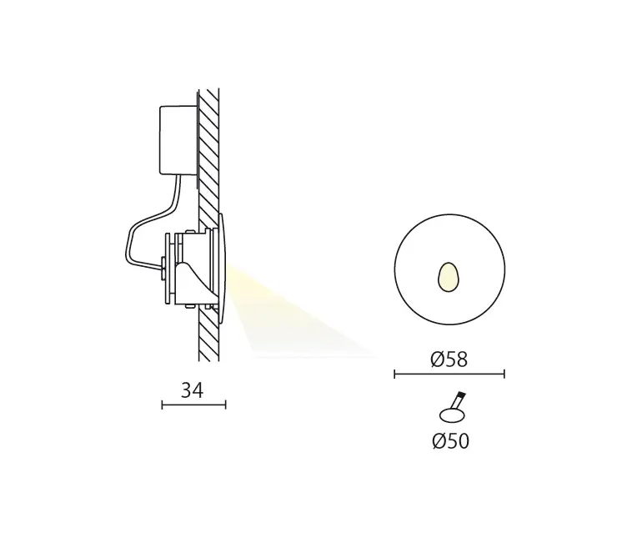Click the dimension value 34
pyautogui.click(x=193, y=389)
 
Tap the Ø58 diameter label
pyautogui.click(x=449, y=359)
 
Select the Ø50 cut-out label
pyautogui.click(x=451, y=441)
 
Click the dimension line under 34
pyautogui.click(x=193, y=405)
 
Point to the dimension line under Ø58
pyautogui.click(x=449, y=375)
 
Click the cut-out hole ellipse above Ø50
pyautogui.click(x=452, y=415)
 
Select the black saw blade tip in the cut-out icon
pyautogui.click(x=461, y=397)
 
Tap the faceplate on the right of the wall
pyautogui.click(x=221, y=267)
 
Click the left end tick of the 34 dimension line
pyautogui.click(x=162, y=405)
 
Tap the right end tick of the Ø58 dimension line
pyautogui.click(x=504, y=375)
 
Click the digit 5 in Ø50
pyautogui.click(x=451, y=441)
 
